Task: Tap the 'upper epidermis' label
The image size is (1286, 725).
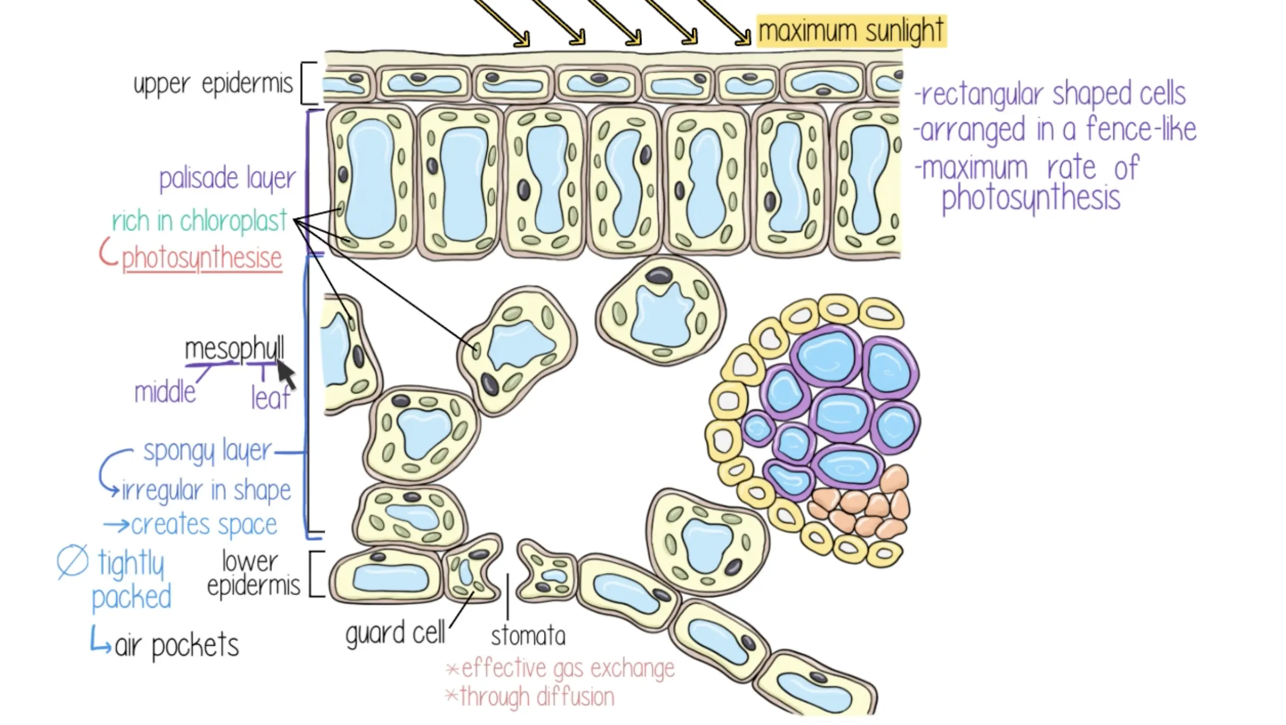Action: [x=213, y=84]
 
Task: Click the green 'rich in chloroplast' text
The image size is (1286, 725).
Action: [x=199, y=221]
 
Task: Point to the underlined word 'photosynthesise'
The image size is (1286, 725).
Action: [x=201, y=258]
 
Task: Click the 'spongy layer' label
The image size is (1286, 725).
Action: [x=208, y=451]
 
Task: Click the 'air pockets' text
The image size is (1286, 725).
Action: [x=177, y=646]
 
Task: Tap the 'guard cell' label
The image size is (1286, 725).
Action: [x=395, y=634]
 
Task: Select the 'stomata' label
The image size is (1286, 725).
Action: [x=528, y=636]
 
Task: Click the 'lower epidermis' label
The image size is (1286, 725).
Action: [x=253, y=574]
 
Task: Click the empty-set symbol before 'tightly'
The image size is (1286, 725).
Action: [x=73, y=562]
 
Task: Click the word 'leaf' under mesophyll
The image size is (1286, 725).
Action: [x=270, y=398]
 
